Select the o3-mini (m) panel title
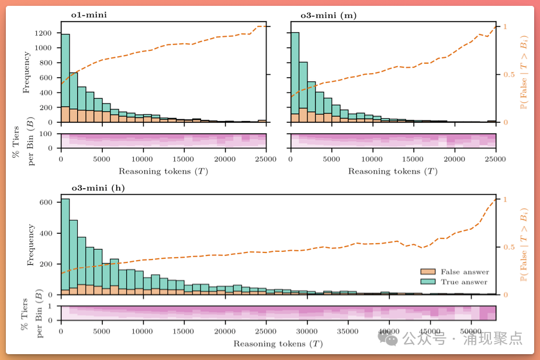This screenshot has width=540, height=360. [x=328, y=16]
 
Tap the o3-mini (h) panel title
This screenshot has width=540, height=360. [x=98, y=188]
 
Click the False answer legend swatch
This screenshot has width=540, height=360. [x=428, y=272]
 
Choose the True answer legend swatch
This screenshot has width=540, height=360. [x=428, y=282]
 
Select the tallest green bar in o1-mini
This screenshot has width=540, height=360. [x=65, y=70]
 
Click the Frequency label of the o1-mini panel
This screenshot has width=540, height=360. [x=27, y=72]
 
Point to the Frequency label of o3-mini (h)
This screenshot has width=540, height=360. [x=30, y=245]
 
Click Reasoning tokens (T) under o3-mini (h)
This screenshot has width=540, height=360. [x=278, y=344]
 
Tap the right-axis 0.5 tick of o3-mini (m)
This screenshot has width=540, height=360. [x=506, y=74]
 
